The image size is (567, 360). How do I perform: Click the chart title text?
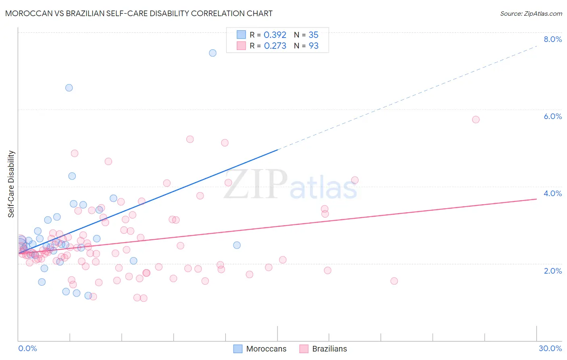pos(139,13)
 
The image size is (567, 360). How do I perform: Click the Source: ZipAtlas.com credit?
pos(531,13)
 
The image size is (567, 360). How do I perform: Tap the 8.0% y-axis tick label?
pos(552,39)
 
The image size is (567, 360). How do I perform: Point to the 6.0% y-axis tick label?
pos(552,116)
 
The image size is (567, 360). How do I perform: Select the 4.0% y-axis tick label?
pos(552,193)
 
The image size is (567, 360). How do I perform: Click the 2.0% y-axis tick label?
pos(552,271)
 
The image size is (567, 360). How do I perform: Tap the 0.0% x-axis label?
pos(27,348)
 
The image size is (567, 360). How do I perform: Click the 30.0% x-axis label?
pos(550,348)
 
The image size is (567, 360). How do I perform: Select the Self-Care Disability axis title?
pos(11,184)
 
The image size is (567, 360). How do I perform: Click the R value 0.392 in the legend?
pos(275,35)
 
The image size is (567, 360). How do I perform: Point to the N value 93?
pos(314,46)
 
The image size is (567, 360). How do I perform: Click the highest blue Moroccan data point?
pos(213,53)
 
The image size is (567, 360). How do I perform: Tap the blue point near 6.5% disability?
pos(69,88)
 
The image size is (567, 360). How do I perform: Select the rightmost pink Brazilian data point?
pos(475,119)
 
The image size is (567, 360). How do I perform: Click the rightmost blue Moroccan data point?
pos(237,245)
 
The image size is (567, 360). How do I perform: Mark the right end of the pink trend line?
pos(536,199)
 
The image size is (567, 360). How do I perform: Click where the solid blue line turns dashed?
pos(278,150)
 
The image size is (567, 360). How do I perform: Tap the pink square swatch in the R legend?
pos(241,46)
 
